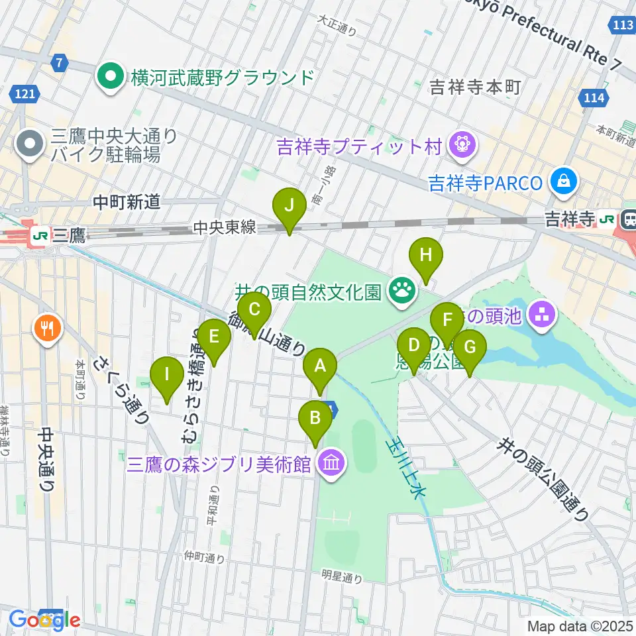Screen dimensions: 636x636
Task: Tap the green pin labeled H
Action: [x=425, y=256]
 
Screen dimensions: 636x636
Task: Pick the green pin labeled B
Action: [x=315, y=419]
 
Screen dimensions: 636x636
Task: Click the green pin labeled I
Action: [x=166, y=376]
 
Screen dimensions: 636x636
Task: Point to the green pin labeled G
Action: [x=469, y=348]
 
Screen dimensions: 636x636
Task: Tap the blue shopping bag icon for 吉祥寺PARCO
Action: [x=563, y=182]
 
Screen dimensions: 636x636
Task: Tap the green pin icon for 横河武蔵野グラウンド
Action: [x=109, y=78]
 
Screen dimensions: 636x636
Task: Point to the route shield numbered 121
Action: [x=25, y=95]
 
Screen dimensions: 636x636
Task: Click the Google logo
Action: [x=45, y=620]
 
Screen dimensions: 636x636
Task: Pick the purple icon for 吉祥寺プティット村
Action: [x=458, y=145]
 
